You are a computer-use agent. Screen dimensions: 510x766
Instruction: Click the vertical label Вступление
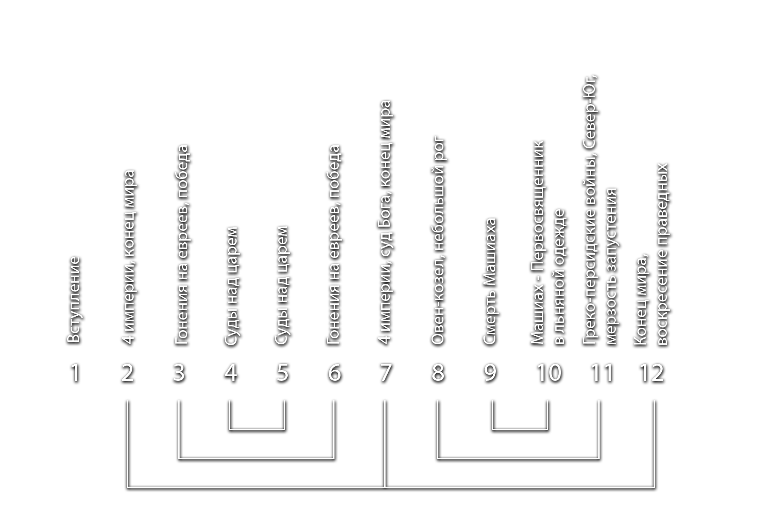74,300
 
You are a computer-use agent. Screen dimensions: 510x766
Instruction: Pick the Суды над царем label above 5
282,287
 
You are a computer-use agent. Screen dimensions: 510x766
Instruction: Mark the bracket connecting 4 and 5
257,429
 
